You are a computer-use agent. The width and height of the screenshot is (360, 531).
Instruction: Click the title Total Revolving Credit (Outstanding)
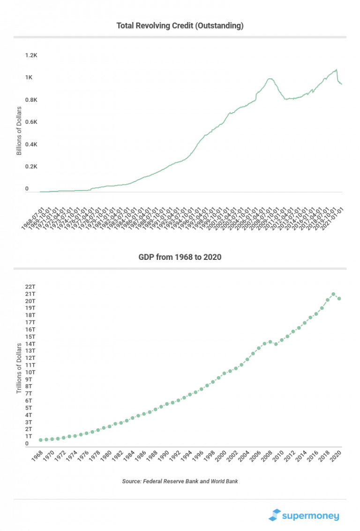tap(180, 26)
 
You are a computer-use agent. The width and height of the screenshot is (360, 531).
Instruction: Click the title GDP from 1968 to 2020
tap(180, 257)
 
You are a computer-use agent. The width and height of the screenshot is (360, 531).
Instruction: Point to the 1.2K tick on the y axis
tap(31, 55)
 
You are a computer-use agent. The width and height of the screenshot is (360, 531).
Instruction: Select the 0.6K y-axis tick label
tap(31, 122)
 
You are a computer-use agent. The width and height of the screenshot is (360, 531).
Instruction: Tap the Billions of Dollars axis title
tap(19, 131)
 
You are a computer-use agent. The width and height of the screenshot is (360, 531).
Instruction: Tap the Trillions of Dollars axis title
tap(19, 368)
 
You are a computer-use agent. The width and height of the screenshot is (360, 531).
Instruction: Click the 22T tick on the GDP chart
tap(30, 287)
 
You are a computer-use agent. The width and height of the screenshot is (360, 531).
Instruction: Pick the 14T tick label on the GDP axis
tap(30, 343)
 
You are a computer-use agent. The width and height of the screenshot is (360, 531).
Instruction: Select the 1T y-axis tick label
tap(29, 436)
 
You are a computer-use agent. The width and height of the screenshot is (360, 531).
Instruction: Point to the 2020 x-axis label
tap(336, 458)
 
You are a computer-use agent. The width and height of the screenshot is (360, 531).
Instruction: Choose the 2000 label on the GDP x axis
tap(221, 458)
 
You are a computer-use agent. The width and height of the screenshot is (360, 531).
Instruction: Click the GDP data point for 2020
tap(339, 299)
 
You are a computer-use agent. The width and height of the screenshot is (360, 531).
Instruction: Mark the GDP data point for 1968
tap(41, 440)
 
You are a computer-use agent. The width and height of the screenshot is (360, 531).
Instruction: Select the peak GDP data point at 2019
tap(333, 294)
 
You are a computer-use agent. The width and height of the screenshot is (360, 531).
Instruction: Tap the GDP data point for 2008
tap(270, 342)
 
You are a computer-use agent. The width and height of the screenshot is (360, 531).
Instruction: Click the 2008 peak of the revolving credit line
tap(270, 79)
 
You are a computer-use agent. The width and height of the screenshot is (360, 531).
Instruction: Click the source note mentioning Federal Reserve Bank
tap(180, 481)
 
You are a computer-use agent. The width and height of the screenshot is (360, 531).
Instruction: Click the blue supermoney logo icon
tap(274, 515)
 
